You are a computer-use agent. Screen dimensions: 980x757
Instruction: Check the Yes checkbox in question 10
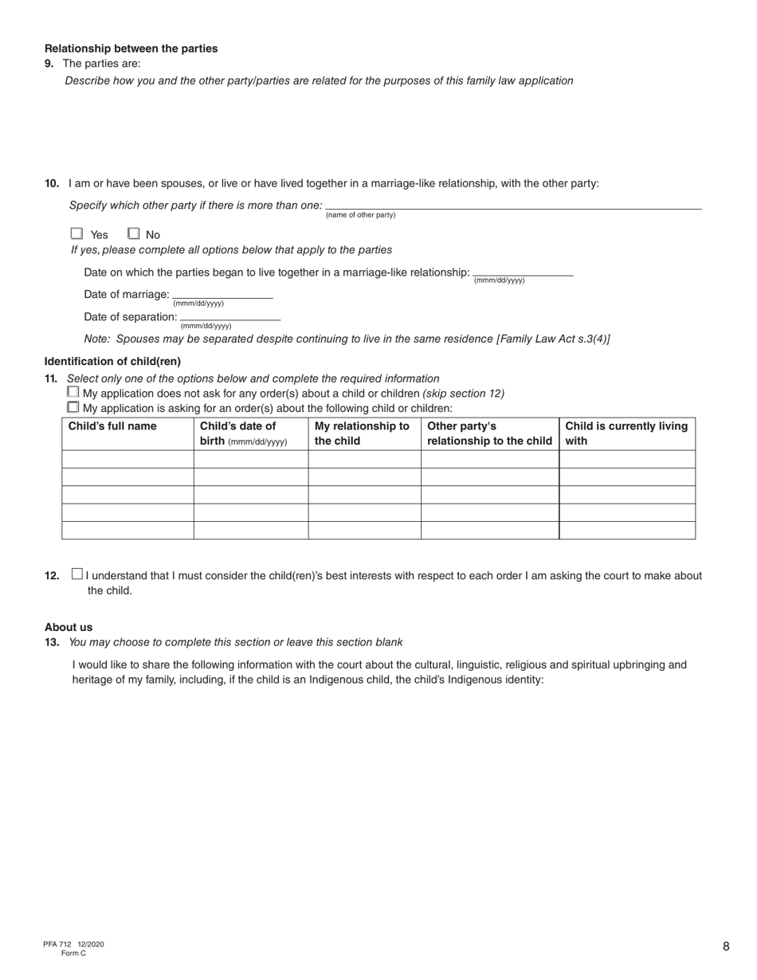(76, 233)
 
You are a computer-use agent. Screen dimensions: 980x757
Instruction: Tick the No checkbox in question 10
(134, 233)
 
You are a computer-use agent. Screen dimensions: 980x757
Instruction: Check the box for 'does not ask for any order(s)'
(73, 392)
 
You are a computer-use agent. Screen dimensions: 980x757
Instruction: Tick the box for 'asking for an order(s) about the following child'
(73, 406)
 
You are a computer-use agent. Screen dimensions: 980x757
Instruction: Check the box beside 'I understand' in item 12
(76, 573)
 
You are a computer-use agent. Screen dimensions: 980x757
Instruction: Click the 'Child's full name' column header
(112, 426)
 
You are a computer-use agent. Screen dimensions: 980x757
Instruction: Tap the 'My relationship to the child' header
(363, 433)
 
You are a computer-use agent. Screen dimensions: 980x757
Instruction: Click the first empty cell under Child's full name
(127, 459)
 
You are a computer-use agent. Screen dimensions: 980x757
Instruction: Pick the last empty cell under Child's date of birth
(251, 531)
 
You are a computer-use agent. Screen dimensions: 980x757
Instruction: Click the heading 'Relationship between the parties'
(131, 49)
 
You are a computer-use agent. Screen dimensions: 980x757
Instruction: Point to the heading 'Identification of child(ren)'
(112, 361)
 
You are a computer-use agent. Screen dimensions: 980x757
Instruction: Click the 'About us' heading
(69, 627)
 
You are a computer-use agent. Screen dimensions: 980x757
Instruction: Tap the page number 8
(726, 947)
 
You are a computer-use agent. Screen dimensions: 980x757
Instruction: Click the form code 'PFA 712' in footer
(57, 944)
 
